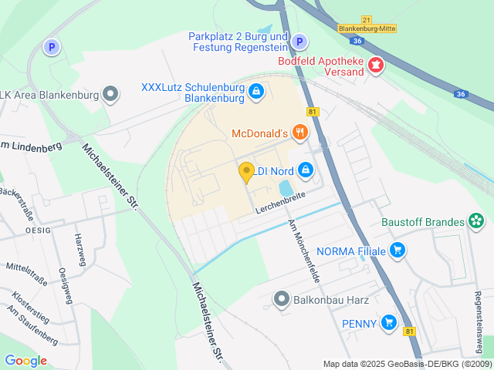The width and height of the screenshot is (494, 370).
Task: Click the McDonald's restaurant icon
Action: click(x=300, y=133)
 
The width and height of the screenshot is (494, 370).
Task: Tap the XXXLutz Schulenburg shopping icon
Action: click(x=256, y=93)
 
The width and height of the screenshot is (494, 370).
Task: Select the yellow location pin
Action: click(x=247, y=172)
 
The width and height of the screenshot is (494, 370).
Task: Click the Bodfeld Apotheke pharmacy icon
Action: click(x=376, y=65)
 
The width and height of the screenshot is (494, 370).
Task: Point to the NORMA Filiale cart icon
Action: click(x=398, y=250)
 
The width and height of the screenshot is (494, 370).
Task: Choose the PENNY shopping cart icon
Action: click(x=389, y=324)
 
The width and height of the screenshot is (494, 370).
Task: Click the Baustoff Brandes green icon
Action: click(x=477, y=223)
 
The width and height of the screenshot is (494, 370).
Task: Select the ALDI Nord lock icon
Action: click(x=306, y=168)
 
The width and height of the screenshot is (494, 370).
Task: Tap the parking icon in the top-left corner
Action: click(x=52, y=47)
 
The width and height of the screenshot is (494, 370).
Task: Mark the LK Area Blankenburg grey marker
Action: click(x=111, y=95)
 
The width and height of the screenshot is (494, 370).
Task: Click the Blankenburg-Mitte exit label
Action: click(x=367, y=29)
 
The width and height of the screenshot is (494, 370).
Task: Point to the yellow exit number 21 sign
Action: click(x=366, y=19)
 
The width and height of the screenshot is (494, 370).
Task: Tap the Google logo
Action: click(x=25, y=360)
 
